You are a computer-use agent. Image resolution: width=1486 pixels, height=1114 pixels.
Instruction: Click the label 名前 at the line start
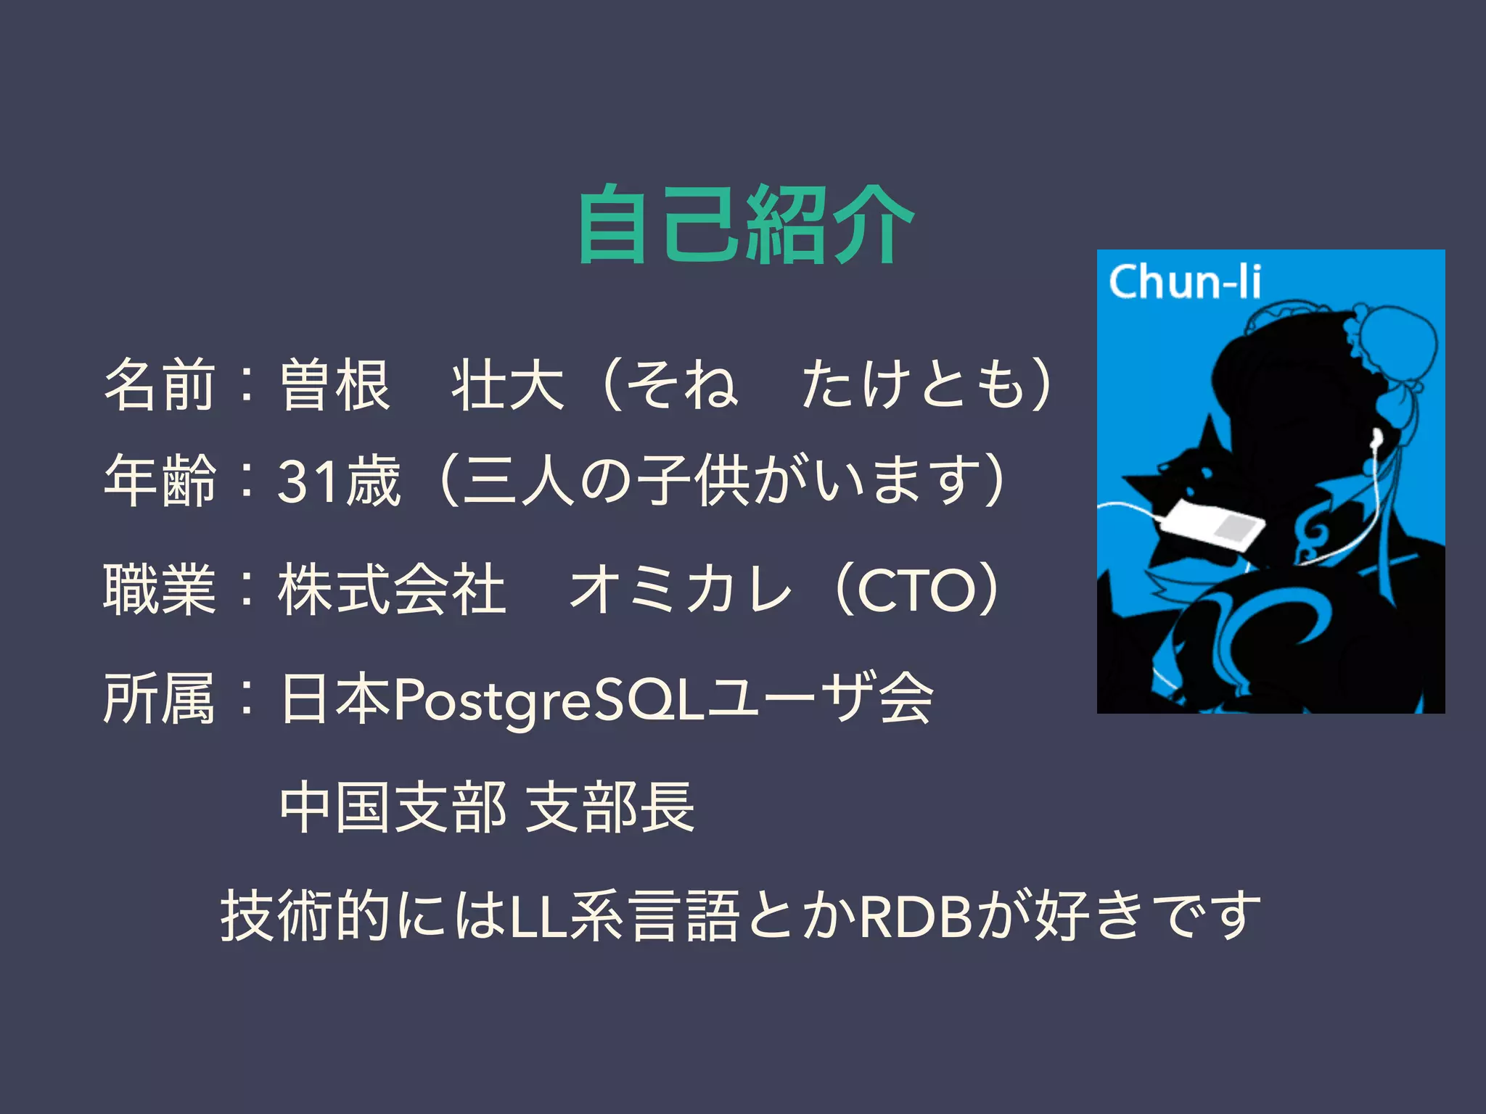160,384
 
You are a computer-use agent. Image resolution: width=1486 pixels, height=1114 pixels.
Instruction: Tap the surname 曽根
335,384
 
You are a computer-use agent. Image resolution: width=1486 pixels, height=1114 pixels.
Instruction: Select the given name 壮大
508,384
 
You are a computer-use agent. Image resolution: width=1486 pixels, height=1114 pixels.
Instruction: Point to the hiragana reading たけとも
916,384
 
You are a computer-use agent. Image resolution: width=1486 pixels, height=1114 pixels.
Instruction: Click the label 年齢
160,479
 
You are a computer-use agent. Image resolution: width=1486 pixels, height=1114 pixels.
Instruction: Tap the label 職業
160,589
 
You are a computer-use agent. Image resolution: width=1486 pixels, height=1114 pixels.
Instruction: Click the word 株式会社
392,589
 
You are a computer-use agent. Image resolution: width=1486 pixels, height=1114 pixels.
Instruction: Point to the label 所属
160,698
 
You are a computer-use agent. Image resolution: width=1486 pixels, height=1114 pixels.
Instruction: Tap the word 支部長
609,806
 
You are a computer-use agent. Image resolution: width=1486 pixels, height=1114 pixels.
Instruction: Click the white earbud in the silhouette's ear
1376,437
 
